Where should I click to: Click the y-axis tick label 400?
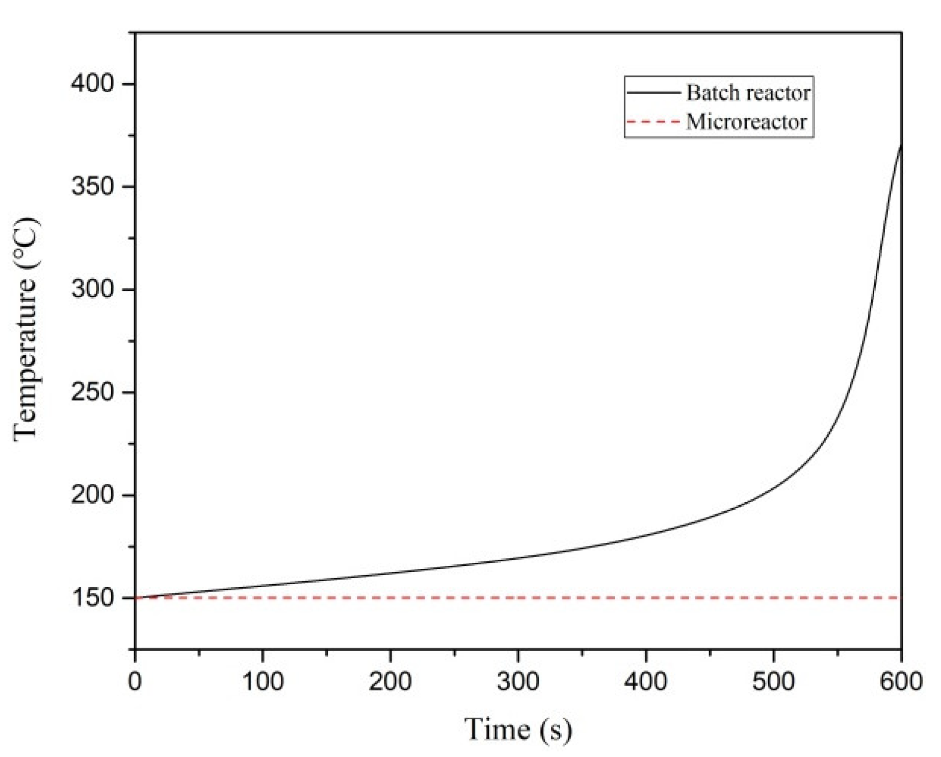click(x=92, y=83)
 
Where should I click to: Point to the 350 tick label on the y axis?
click(x=92, y=186)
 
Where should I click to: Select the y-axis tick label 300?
click(x=92, y=289)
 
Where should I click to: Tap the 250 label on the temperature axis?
click(x=92, y=392)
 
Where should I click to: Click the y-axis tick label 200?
click(x=92, y=494)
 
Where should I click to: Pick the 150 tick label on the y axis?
click(x=92, y=597)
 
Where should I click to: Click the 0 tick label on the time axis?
click(x=135, y=681)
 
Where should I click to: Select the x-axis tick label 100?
click(x=263, y=681)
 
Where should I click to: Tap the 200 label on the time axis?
click(x=390, y=681)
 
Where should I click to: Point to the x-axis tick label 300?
click(x=518, y=681)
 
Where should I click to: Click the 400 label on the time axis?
click(x=646, y=681)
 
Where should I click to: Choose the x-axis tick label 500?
click(x=774, y=681)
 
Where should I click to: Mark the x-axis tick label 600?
click(x=901, y=681)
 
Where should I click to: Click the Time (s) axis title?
click(x=518, y=729)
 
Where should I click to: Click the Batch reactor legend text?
click(x=748, y=93)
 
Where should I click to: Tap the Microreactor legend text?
click(x=746, y=122)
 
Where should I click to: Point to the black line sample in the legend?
click(x=654, y=93)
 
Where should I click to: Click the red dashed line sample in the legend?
click(x=654, y=122)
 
